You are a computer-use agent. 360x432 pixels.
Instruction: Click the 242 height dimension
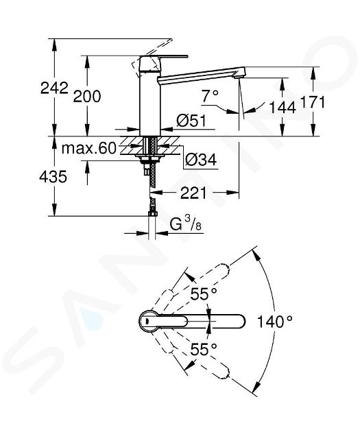(54, 88)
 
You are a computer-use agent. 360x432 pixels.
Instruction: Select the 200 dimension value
(87, 97)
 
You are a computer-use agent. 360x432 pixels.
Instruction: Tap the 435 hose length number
(53, 177)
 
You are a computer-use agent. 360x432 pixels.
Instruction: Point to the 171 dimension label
(313, 102)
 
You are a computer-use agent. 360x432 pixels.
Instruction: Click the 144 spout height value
(283, 108)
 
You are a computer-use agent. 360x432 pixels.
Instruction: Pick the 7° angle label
(210, 96)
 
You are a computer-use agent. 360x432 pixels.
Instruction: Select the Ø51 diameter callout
(191, 121)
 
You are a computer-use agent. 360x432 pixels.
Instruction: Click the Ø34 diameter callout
(201, 160)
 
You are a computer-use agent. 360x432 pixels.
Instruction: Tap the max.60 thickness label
(89, 149)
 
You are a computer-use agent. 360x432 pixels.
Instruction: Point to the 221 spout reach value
(193, 193)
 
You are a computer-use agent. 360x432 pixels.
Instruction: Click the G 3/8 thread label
(186, 224)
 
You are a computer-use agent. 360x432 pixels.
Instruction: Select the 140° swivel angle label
(274, 322)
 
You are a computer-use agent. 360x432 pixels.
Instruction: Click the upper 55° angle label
(204, 294)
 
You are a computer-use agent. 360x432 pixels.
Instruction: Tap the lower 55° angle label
(204, 350)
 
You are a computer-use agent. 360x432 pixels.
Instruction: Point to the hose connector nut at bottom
(152, 213)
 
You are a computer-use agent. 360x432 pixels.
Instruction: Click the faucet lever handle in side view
(164, 58)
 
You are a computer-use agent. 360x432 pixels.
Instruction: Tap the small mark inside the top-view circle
(147, 321)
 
